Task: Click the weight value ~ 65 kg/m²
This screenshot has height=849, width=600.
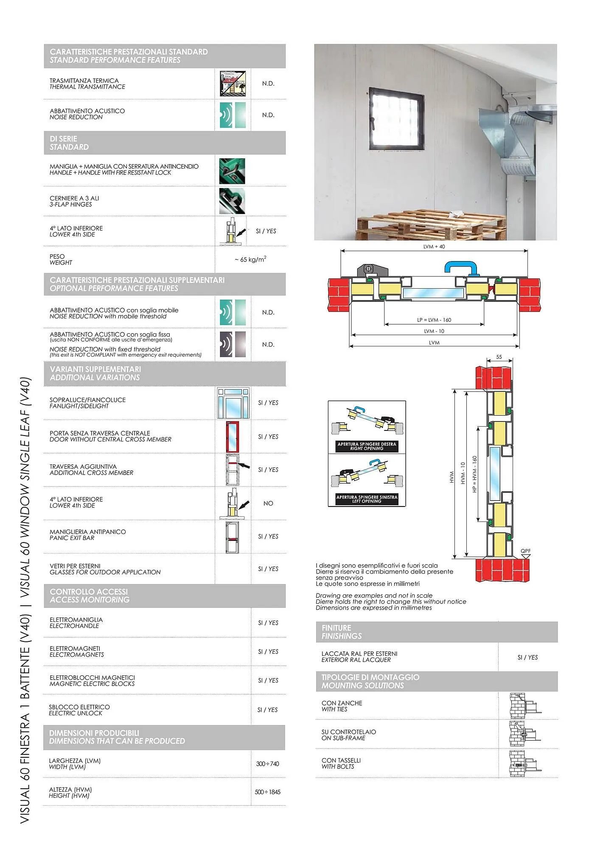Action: click(250, 259)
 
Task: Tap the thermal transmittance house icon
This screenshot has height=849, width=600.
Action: click(233, 84)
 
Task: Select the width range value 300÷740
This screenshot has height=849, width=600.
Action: click(267, 764)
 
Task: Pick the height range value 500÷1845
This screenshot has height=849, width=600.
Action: click(267, 792)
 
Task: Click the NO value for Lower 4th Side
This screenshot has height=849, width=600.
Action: click(268, 503)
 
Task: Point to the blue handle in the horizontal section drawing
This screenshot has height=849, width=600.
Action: click(461, 268)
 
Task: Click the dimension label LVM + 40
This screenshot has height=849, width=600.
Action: click(434, 247)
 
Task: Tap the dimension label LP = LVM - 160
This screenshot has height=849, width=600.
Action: click(434, 320)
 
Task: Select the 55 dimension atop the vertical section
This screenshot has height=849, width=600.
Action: click(499, 357)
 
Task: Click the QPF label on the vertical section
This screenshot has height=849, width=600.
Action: click(525, 551)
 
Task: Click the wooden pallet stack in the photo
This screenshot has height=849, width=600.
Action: click(432, 225)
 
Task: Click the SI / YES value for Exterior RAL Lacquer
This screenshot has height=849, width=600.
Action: click(527, 658)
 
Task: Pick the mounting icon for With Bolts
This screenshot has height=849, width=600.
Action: click(525, 764)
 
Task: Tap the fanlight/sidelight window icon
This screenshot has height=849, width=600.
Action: click(233, 403)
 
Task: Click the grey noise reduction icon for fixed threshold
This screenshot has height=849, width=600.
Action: click(233, 344)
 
